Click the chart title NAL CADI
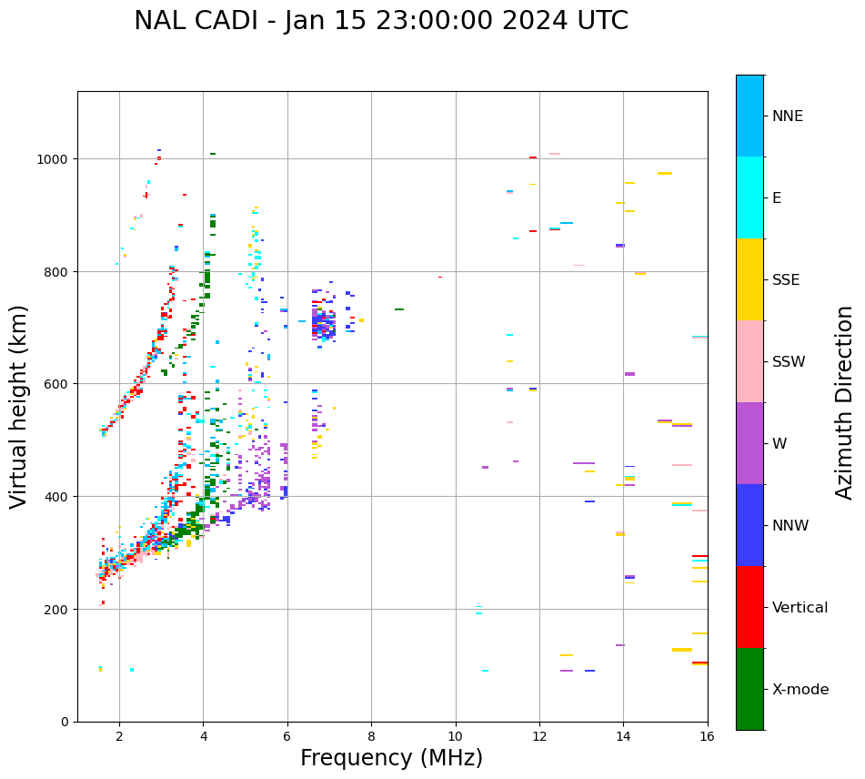point(380,21)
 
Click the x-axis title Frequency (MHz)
point(391,758)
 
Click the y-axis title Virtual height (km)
point(19,406)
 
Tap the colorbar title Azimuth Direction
point(845,402)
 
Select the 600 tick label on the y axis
point(57,384)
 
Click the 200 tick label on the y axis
point(57,609)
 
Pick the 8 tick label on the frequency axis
point(371,736)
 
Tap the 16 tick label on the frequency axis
point(707,736)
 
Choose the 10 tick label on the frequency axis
point(455,736)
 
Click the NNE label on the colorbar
point(788,116)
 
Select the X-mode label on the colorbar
point(800,690)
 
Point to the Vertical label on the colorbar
point(800,608)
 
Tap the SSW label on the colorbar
point(789,362)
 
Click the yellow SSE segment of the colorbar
point(749,279)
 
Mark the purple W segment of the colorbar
point(749,443)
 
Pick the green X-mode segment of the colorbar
point(749,689)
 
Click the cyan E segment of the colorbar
point(749,197)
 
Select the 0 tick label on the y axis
point(65,722)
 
